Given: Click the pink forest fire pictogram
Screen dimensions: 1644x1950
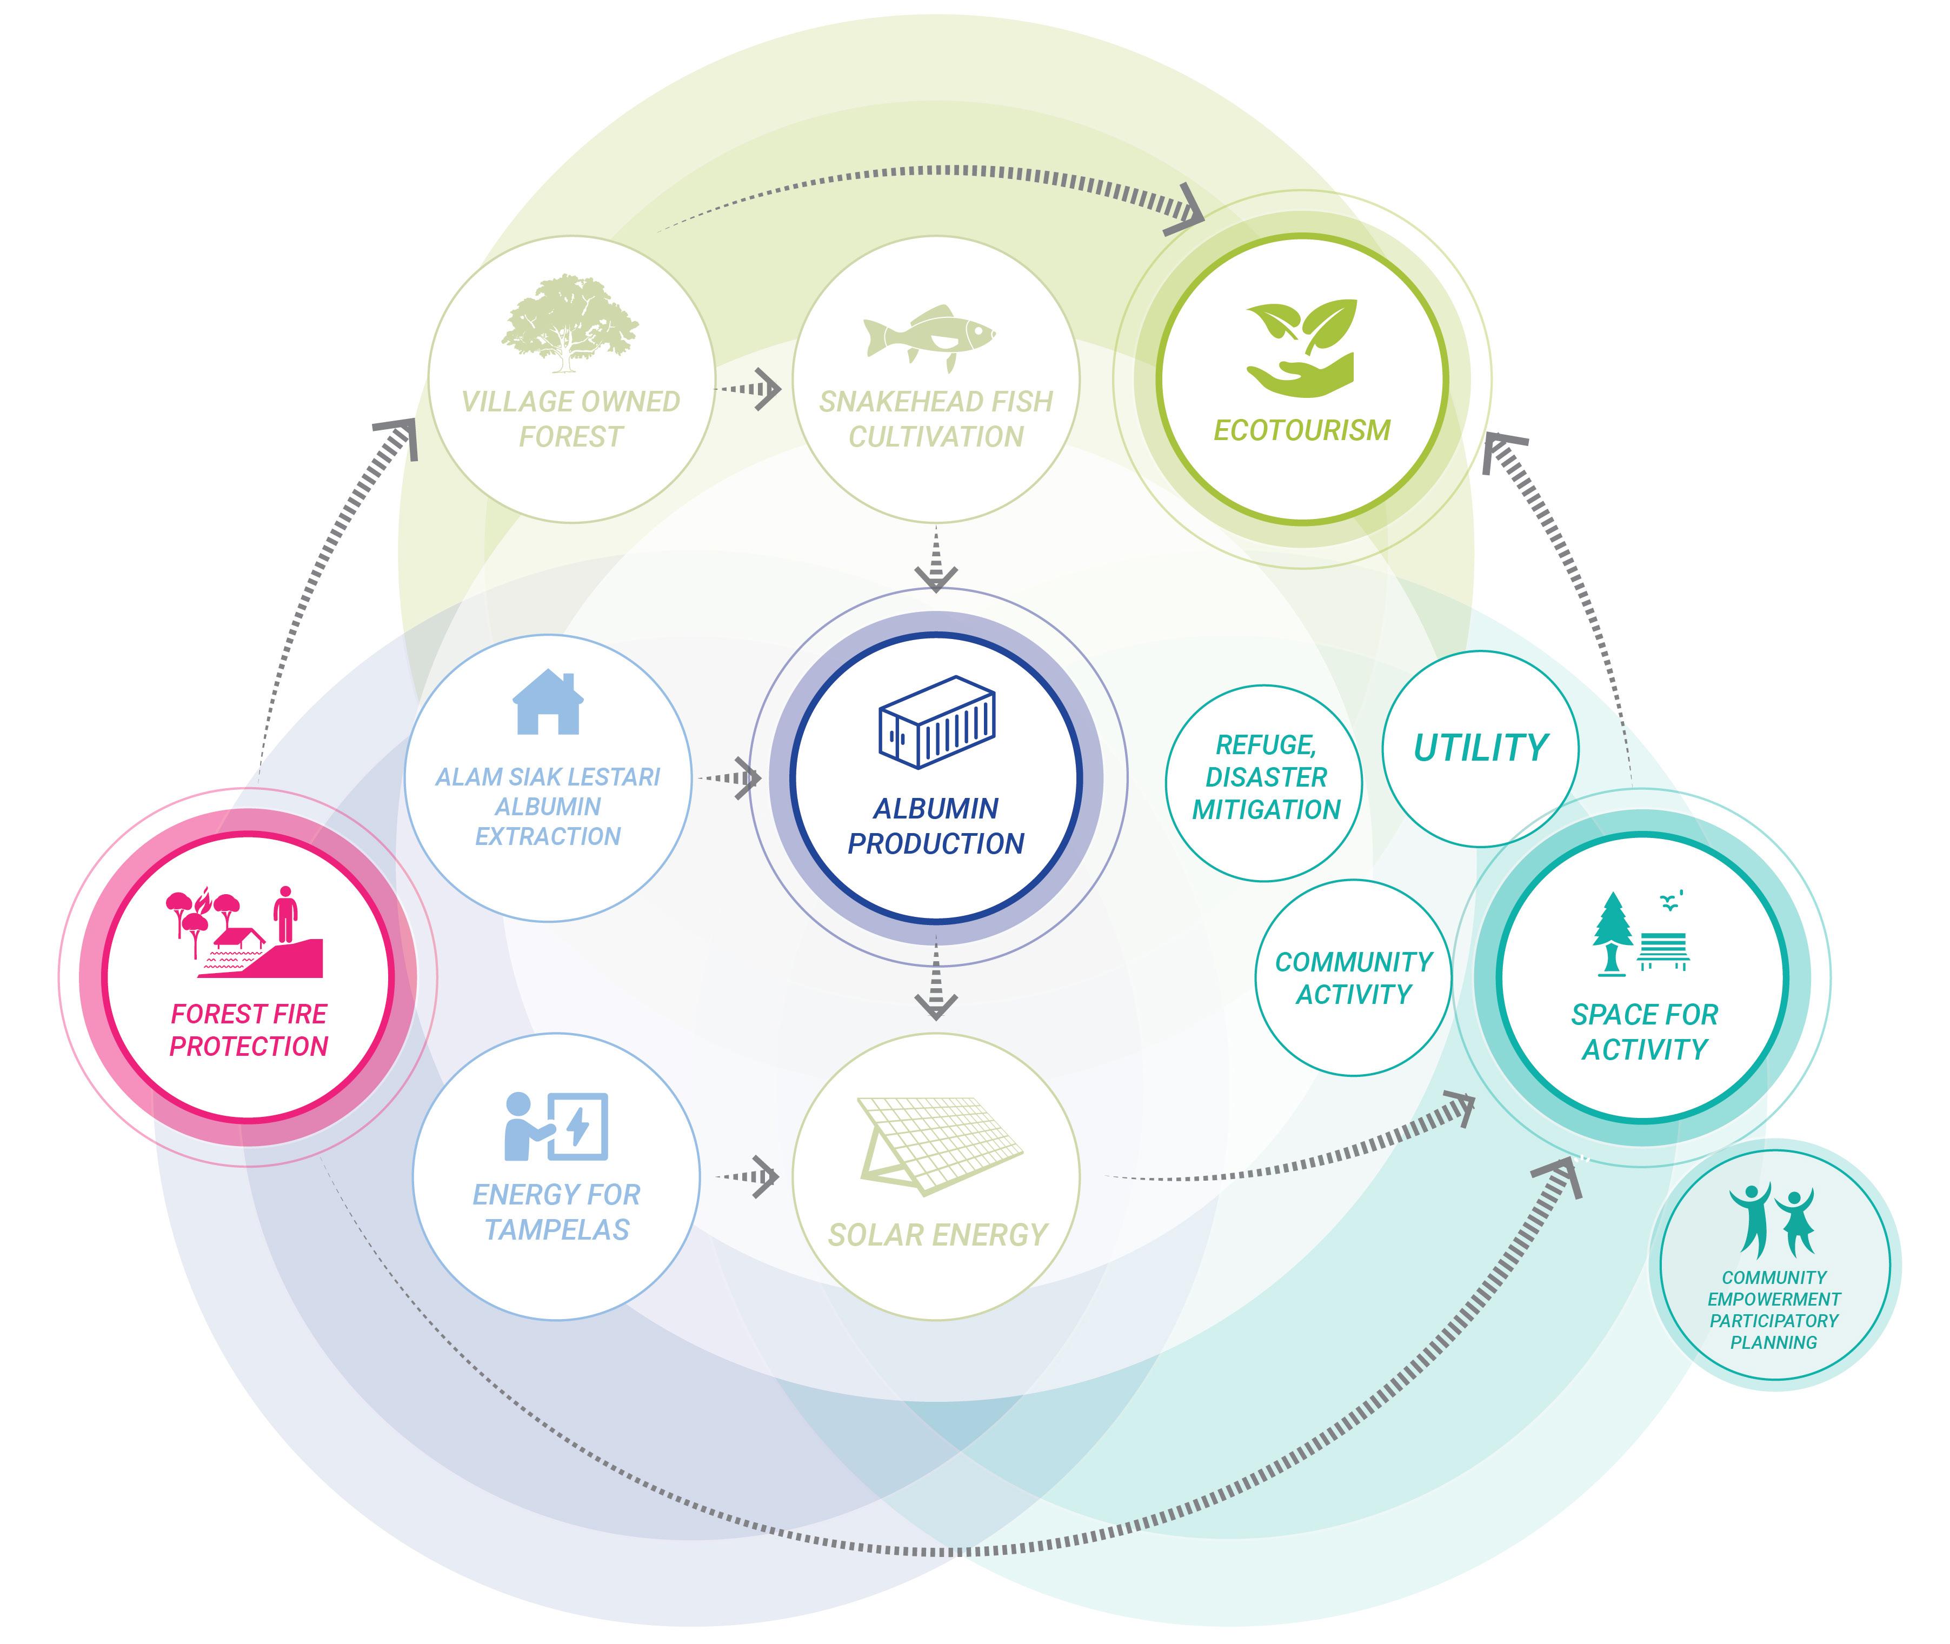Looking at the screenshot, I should (244, 932).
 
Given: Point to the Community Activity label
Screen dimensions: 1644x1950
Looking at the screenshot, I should (1354, 977).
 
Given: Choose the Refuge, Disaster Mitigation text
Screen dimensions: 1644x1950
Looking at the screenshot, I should (1265, 777).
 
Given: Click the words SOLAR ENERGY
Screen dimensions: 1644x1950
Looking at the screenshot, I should (937, 1235).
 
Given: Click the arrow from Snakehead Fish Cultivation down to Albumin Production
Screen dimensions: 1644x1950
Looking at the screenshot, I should (936, 559).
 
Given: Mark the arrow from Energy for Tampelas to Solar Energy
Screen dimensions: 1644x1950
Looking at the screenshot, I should (749, 1176).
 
